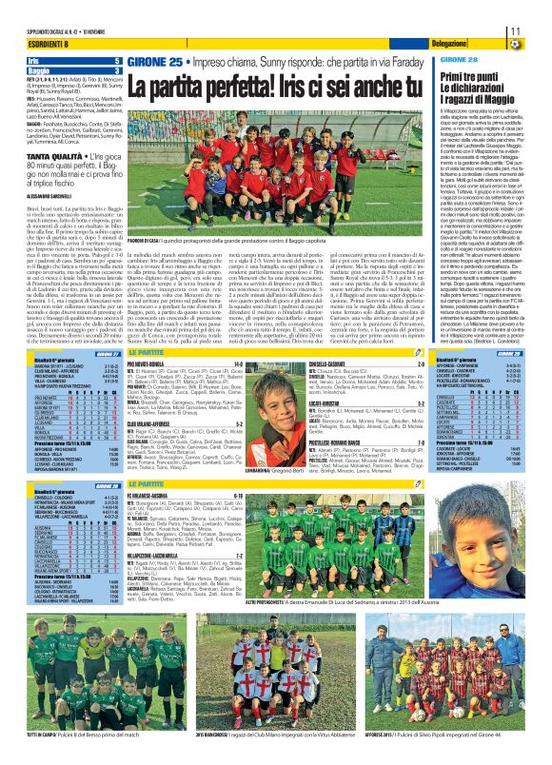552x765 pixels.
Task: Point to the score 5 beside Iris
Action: (117, 61)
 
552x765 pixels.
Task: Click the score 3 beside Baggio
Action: (117, 70)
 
